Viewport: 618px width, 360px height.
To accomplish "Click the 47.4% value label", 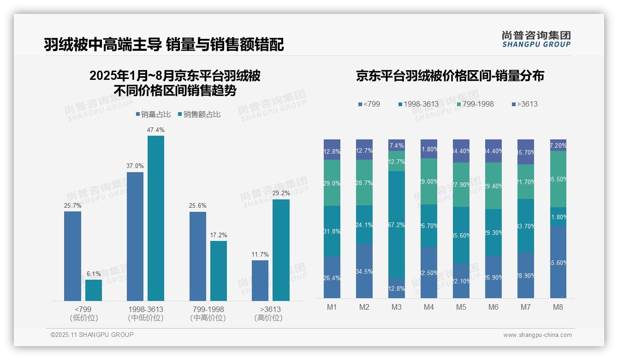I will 155,130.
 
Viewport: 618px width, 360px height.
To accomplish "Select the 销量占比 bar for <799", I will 72,256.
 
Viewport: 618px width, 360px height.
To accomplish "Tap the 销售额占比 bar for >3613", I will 281,250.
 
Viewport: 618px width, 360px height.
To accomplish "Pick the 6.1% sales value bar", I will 94,290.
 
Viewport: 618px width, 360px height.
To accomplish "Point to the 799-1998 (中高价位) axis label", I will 208,313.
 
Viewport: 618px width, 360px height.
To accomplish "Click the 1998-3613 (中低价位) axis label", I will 146,313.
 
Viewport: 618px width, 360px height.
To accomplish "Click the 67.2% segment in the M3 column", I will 397,225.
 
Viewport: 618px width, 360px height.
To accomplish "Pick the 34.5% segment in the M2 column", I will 364,271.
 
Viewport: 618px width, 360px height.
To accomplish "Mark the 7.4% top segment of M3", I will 397,145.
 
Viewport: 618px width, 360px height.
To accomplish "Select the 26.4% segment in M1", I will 332,277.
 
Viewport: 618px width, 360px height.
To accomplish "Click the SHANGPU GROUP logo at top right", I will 536,39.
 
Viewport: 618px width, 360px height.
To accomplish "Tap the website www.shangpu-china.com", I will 537,335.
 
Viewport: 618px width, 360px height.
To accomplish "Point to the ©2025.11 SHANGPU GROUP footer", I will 92,335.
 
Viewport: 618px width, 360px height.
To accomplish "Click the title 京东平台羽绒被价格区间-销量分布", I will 450,76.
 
